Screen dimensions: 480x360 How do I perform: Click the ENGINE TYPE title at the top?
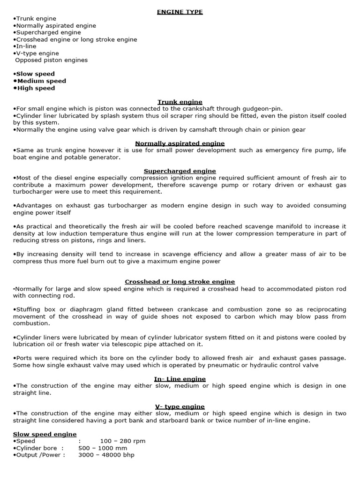[x=180, y=12]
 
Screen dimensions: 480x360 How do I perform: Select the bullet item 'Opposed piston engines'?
[x=52, y=60]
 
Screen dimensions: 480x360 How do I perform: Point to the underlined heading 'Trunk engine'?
[x=180, y=102]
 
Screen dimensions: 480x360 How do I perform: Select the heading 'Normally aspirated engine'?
[x=180, y=143]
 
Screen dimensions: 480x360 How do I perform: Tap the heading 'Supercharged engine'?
[x=180, y=171]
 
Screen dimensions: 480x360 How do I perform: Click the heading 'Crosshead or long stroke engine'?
[x=180, y=282]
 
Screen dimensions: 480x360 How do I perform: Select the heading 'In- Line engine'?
[x=180, y=379]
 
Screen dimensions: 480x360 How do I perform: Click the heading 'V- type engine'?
[x=180, y=406]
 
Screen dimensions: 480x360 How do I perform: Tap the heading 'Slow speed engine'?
[x=45, y=435]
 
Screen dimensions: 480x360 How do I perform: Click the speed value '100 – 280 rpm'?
[x=122, y=441]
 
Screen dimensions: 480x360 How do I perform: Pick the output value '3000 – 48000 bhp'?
[x=106, y=455]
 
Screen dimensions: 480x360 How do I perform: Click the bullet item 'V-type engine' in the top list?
[x=37, y=53]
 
